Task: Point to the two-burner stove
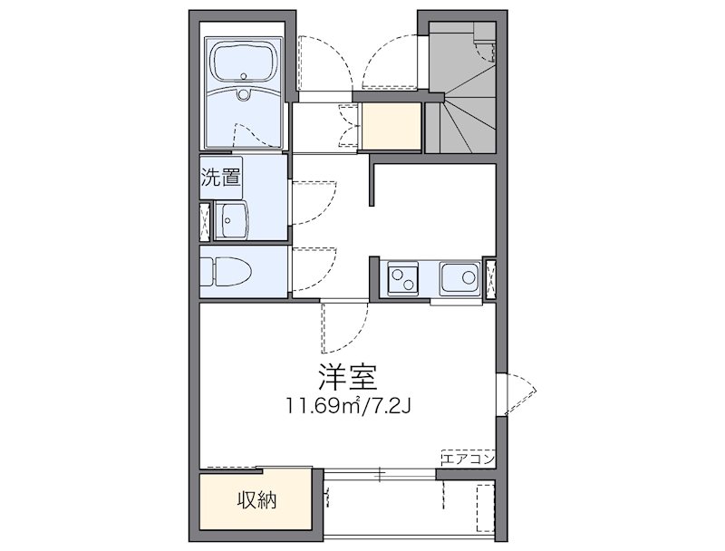(401, 277)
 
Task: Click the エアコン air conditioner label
(467, 459)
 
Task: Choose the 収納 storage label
(257, 499)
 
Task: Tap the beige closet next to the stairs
(391, 127)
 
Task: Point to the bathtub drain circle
(243, 94)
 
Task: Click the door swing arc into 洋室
(343, 326)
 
